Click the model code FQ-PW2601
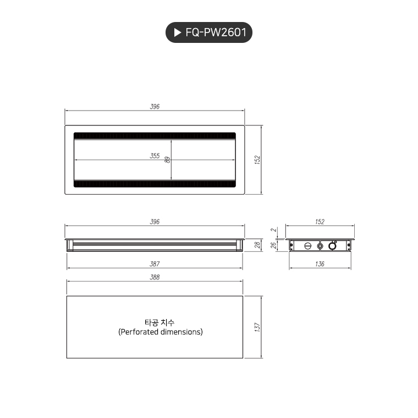click(217, 33)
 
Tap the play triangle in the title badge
click(177, 33)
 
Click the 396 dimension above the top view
click(155, 107)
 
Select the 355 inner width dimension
click(155, 156)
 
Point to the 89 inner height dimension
click(168, 159)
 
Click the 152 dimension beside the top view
click(257, 159)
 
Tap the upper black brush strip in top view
click(155, 135)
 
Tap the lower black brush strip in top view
click(155, 184)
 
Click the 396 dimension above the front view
click(155, 222)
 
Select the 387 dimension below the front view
click(155, 265)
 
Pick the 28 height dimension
click(257, 245)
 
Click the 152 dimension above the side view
click(320, 222)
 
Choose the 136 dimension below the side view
click(320, 265)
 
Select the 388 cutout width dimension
click(155, 278)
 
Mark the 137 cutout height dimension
click(257, 327)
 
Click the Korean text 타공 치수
click(160, 322)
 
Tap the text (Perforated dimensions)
click(160, 332)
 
